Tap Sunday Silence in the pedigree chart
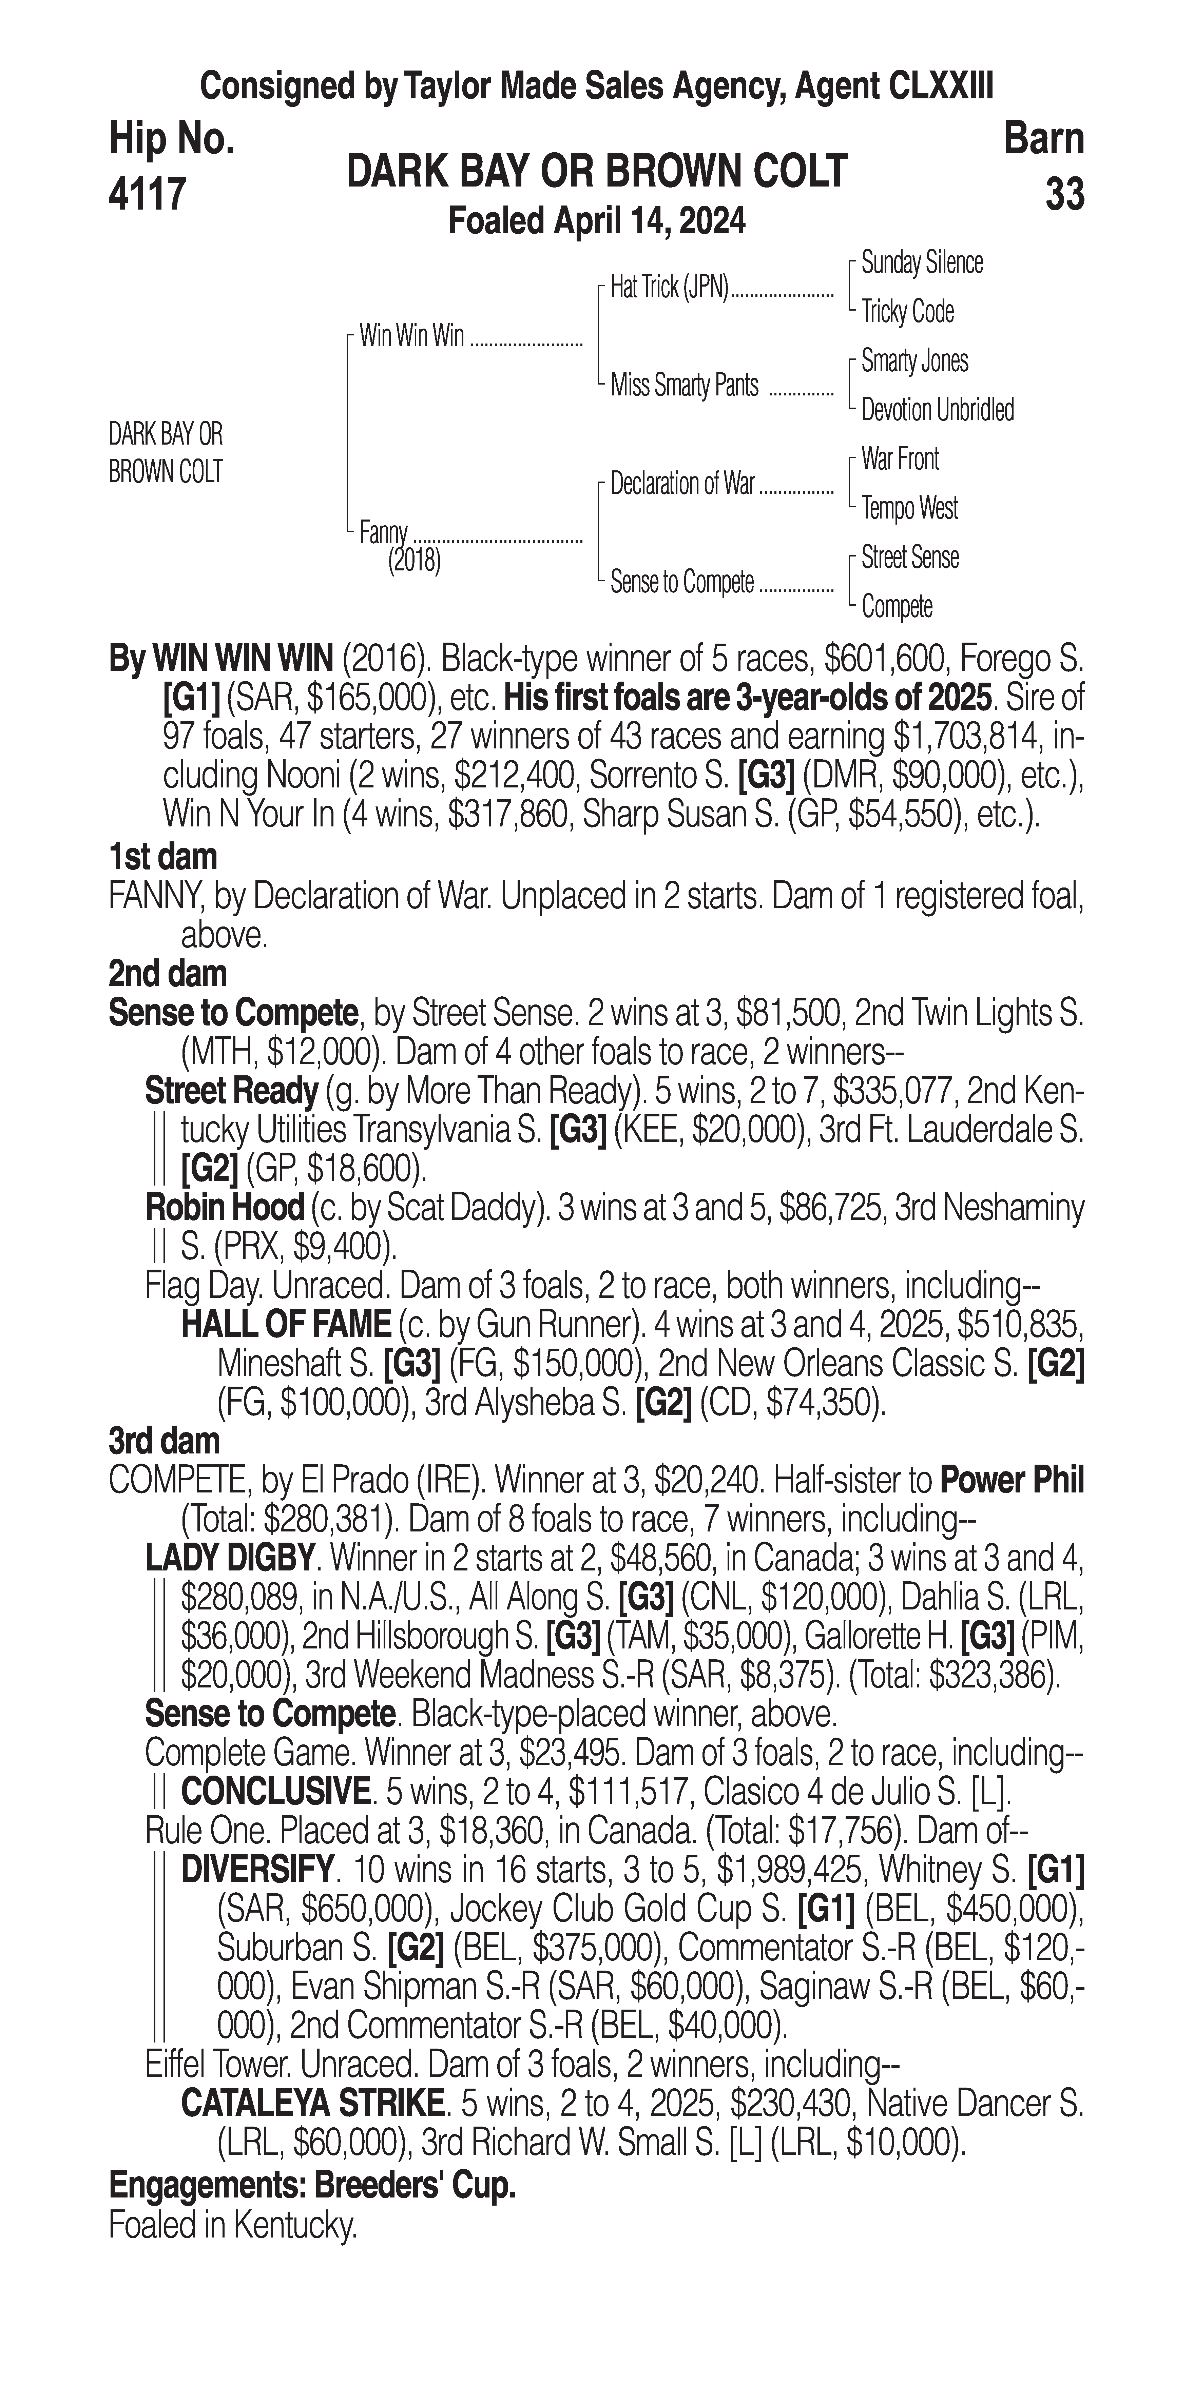(x=922, y=263)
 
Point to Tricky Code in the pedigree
(x=907, y=312)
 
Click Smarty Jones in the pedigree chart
(x=914, y=361)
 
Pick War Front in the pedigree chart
(x=900, y=459)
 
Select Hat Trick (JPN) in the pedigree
(x=670, y=288)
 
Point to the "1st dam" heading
(x=163, y=857)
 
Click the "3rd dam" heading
(x=165, y=1441)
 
